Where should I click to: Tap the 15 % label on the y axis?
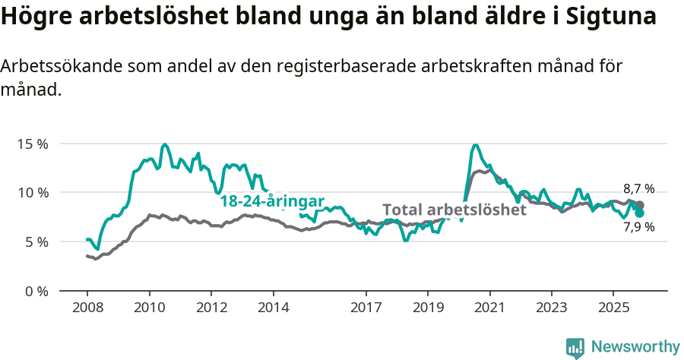(33, 144)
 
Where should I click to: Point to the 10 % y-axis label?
(33, 193)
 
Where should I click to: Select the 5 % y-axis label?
(36, 242)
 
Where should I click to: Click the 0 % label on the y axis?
(36, 291)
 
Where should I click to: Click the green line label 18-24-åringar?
(272, 201)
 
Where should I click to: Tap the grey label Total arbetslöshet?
(454, 210)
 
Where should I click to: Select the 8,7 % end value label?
(638, 189)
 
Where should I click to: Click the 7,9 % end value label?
(638, 226)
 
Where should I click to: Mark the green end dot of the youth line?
(640, 213)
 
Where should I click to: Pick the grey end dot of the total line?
(640, 205)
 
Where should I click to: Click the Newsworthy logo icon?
(575, 347)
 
